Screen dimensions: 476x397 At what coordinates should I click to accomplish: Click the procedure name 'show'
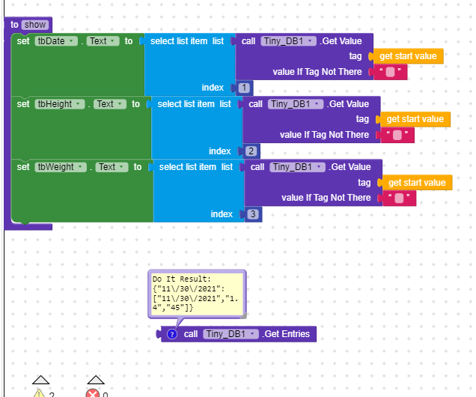tap(35, 25)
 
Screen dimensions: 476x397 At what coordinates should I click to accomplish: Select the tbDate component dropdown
tap(56, 41)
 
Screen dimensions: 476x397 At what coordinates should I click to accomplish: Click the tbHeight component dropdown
tap(60, 104)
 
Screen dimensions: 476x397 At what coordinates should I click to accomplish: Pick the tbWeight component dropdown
tap(61, 167)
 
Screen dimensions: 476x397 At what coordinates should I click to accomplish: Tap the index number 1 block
tap(244, 88)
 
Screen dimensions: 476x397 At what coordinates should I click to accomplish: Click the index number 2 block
tap(251, 151)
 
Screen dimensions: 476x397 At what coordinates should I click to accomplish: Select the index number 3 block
tap(253, 214)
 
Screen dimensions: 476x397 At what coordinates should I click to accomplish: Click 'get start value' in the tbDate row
tap(408, 56)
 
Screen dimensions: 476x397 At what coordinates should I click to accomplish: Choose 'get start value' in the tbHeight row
tap(415, 119)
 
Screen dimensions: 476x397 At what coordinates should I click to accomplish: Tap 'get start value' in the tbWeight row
tap(417, 183)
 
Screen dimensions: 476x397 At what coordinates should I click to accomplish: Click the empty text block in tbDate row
tap(390, 72)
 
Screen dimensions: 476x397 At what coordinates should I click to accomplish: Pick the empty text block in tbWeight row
tap(399, 198)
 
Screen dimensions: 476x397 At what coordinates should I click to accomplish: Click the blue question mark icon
tap(172, 334)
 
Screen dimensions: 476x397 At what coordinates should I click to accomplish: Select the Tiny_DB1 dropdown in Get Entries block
tap(231, 334)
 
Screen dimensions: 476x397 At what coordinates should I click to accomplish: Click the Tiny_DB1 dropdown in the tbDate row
tap(288, 41)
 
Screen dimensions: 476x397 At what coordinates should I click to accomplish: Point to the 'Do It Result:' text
tap(182, 279)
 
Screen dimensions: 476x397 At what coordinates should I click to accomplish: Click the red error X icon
tap(93, 393)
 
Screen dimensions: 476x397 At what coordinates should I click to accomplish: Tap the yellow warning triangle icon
tap(39, 393)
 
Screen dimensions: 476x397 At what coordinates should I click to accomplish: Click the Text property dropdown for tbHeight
tap(110, 104)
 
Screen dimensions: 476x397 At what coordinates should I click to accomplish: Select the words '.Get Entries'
tap(286, 334)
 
